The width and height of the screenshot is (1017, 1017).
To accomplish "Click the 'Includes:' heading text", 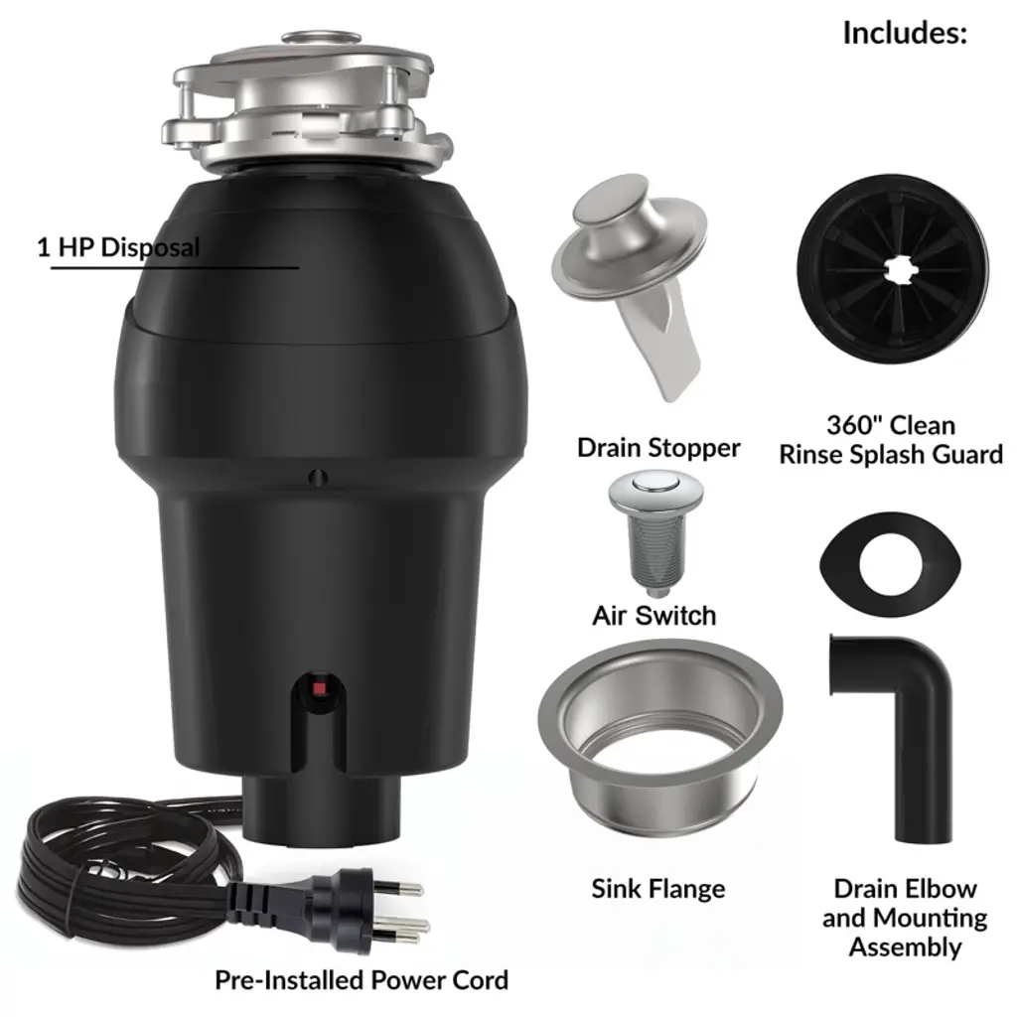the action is point(905,33).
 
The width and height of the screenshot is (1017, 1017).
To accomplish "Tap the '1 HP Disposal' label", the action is point(119,247).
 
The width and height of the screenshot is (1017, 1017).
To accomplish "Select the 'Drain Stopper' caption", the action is point(658,448).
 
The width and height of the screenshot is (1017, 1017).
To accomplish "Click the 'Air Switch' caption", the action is point(654,616).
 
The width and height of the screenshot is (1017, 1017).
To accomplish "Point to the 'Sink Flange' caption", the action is point(658,889).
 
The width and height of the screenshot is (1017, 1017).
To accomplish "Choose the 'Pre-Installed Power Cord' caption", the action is point(362,980).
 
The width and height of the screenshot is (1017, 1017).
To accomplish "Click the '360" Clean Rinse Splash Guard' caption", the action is point(891,440).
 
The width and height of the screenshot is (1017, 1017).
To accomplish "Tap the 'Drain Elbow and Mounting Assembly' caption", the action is point(905,918).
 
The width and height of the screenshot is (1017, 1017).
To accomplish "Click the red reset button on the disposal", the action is point(319,688).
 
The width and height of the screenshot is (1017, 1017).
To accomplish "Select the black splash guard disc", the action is point(893,270).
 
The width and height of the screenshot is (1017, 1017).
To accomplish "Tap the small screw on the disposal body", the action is point(317,478).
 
